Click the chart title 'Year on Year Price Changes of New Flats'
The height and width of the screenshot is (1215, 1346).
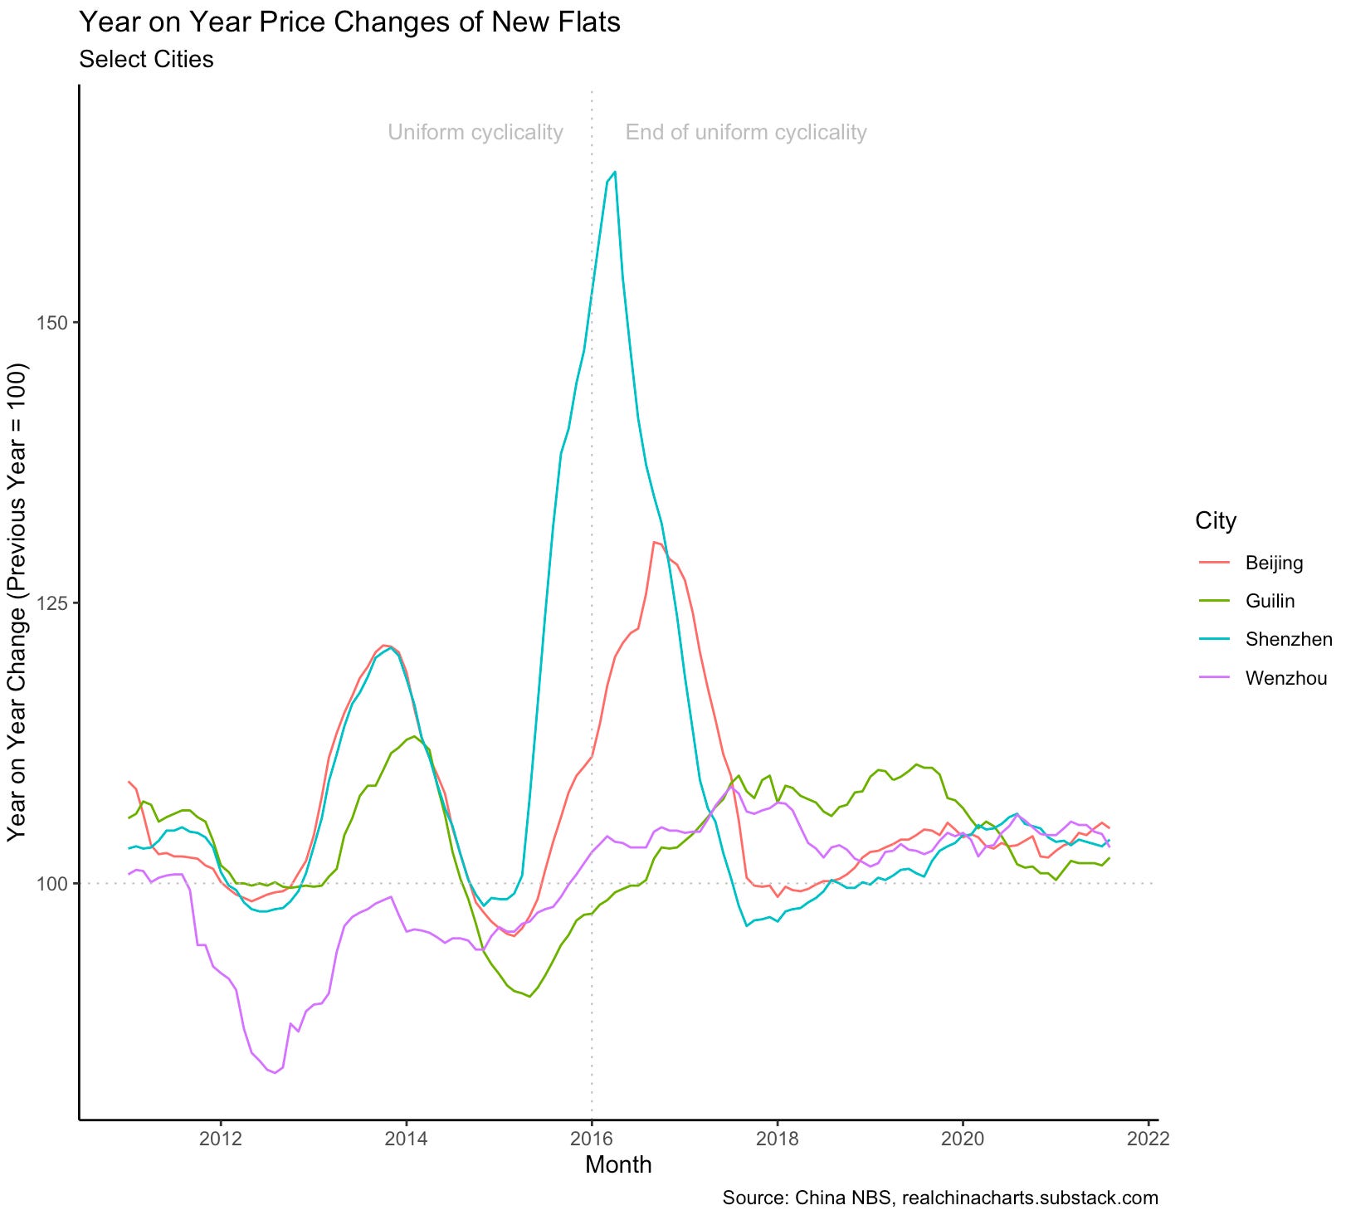(349, 22)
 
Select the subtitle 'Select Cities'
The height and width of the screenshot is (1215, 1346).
(146, 60)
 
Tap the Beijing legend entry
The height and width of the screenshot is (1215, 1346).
(1274, 563)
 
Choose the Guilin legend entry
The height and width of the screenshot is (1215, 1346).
(1270, 601)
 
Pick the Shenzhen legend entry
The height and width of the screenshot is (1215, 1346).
(1288, 639)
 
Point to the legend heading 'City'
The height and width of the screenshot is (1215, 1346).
(1215, 521)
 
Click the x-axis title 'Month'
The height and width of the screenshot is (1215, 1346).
(618, 1165)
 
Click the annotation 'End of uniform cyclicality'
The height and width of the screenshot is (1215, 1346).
(745, 133)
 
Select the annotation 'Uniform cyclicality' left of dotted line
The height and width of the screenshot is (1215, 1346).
(475, 133)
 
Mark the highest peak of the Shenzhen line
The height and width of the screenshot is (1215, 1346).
(614, 172)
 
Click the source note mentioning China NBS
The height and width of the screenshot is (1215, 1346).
(939, 1198)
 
